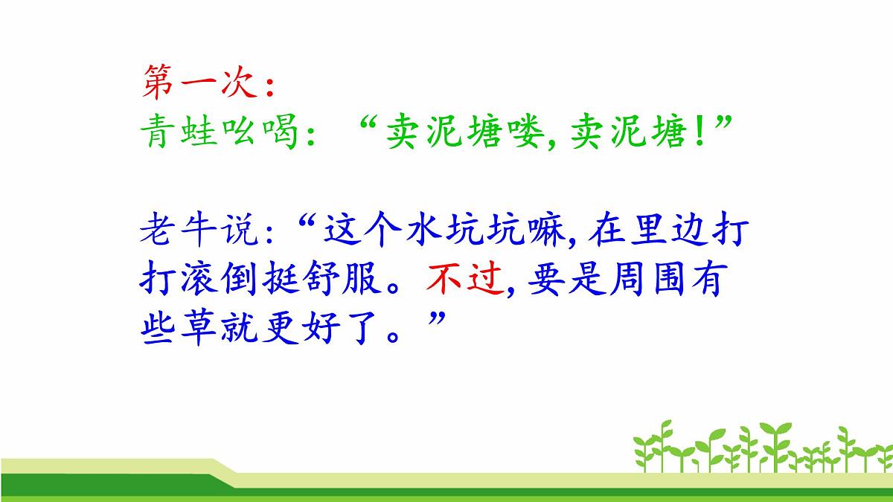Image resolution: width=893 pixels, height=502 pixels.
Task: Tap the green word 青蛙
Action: click(179, 134)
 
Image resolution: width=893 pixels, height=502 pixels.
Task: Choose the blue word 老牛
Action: click(179, 231)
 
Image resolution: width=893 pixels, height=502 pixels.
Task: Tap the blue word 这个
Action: click(359, 231)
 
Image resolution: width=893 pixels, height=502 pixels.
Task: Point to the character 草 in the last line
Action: click(198, 328)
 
